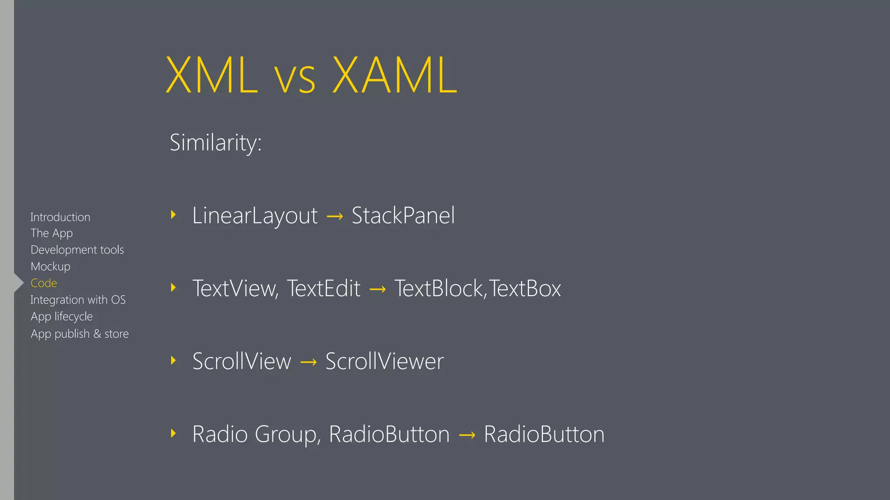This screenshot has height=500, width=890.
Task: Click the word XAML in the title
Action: pyautogui.click(x=395, y=76)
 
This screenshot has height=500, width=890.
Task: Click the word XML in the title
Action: pyautogui.click(x=212, y=76)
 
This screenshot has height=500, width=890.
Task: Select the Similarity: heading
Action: pyautogui.click(x=216, y=143)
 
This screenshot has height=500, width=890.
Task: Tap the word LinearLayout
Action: pyautogui.click(x=255, y=216)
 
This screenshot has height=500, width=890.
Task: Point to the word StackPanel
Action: pyautogui.click(x=403, y=216)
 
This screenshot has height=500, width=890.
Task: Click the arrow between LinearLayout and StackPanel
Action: pyautogui.click(x=335, y=216)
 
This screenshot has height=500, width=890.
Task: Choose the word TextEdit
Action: pyautogui.click(x=324, y=289)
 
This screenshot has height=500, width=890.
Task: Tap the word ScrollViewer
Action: pyautogui.click(x=385, y=362)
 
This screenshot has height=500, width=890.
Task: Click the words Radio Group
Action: pyautogui.click(x=256, y=434)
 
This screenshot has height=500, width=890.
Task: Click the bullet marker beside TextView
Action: pyautogui.click(x=173, y=287)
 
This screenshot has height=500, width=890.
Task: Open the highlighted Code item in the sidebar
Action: pyautogui.click(x=44, y=283)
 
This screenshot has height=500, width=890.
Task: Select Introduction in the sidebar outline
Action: pyautogui.click(x=60, y=217)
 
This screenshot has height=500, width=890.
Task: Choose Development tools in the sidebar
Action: pyautogui.click(x=77, y=250)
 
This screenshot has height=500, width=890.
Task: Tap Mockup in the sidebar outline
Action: pyautogui.click(x=50, y=266)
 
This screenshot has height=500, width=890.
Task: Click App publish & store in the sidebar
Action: pyautogui.click(x=80, y=334)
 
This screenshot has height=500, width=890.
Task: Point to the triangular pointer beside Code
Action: pyautogui.click(x=19, y=283)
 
